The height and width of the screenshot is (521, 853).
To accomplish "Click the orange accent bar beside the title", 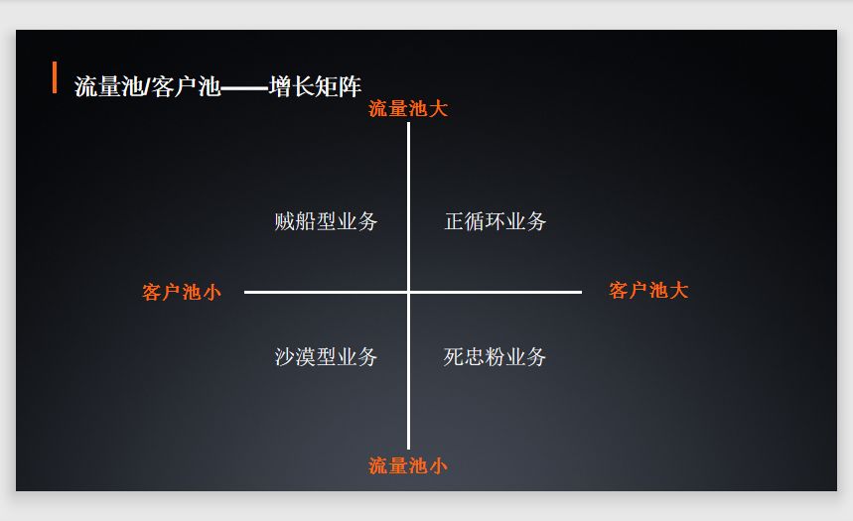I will [55, 77].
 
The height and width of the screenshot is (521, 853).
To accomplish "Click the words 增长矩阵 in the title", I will [315, 86].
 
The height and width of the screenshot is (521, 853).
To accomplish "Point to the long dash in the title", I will [244, 87].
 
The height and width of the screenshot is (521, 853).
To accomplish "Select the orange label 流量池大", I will [408, 108].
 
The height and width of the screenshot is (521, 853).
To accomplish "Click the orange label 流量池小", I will [408, 465].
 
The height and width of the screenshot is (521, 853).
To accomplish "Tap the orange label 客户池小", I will [182, 292].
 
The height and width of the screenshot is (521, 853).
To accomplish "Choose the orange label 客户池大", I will [648, 291].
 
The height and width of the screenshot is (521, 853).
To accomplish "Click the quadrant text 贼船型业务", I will [326, 221].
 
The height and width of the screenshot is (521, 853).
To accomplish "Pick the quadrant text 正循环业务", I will [495, 221].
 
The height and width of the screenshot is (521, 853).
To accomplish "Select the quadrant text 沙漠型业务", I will [326, 356].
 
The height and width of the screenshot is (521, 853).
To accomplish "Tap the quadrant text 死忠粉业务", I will [495, 356].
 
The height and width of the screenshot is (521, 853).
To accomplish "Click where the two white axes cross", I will [408, 292].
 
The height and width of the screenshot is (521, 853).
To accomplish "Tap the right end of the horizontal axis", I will [579, 292].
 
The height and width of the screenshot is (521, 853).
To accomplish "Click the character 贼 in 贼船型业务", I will [284, 221].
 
